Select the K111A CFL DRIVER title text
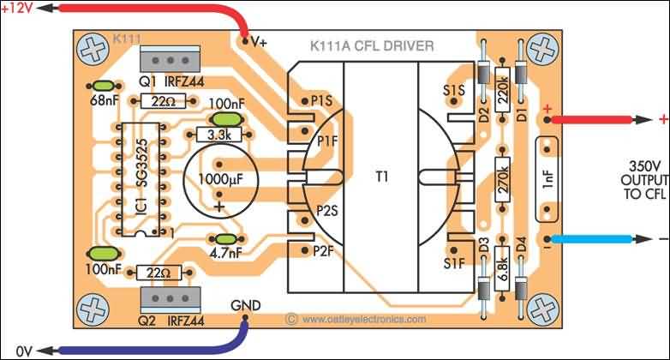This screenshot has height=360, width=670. (371, 45)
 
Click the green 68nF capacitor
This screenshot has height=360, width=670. (104, 87)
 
